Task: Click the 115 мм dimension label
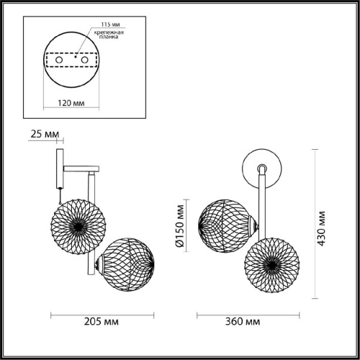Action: (x=110, y=24)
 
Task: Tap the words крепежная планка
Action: (x=109, y=35)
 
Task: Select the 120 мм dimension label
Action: (x=71, y=103)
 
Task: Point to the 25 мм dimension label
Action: (x=45, y=134)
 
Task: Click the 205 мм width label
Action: (x=102, y=321)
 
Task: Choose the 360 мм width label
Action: (x=243, y=321)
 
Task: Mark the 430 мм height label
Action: (x=321, y=228)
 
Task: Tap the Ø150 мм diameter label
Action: (x=180, y=226)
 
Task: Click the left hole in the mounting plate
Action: (x=59, y=60)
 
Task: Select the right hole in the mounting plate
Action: (x=85, y=60)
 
